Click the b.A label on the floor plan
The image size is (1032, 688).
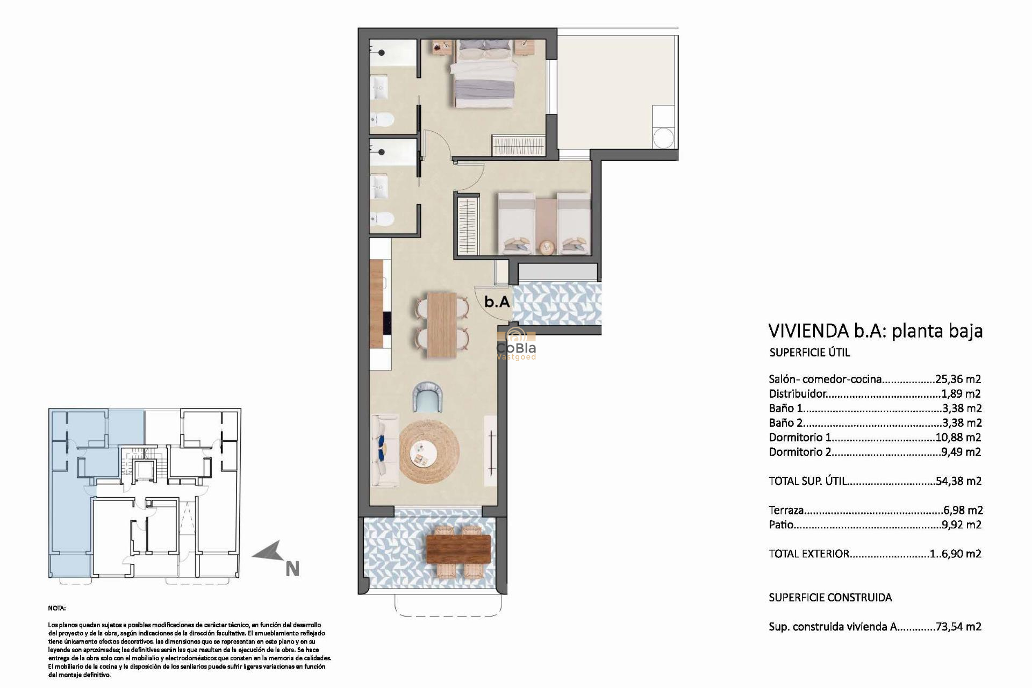pos(497,302)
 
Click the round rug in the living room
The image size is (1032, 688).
pos(429,451)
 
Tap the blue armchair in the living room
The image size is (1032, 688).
pos(428,396)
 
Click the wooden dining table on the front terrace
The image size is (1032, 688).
pos(458,549)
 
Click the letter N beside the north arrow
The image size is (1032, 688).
pos(292,569)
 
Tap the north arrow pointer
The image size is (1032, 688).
pos(268,551)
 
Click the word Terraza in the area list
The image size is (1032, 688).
pos(786,510)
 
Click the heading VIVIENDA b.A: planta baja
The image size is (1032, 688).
pos(875,331)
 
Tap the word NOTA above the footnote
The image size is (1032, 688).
pos(56,608)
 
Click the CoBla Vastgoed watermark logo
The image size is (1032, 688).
pos(516,344)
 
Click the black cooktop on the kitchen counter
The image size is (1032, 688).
pos(386,323)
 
